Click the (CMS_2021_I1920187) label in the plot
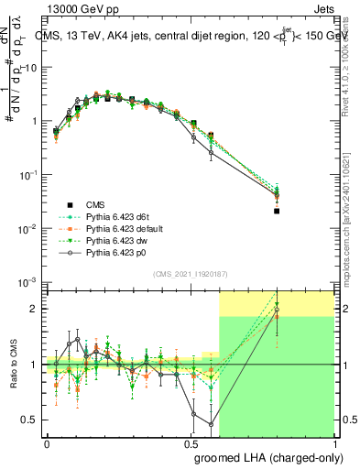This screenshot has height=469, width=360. (190, 273)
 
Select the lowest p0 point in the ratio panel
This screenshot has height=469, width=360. (212, 424)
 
